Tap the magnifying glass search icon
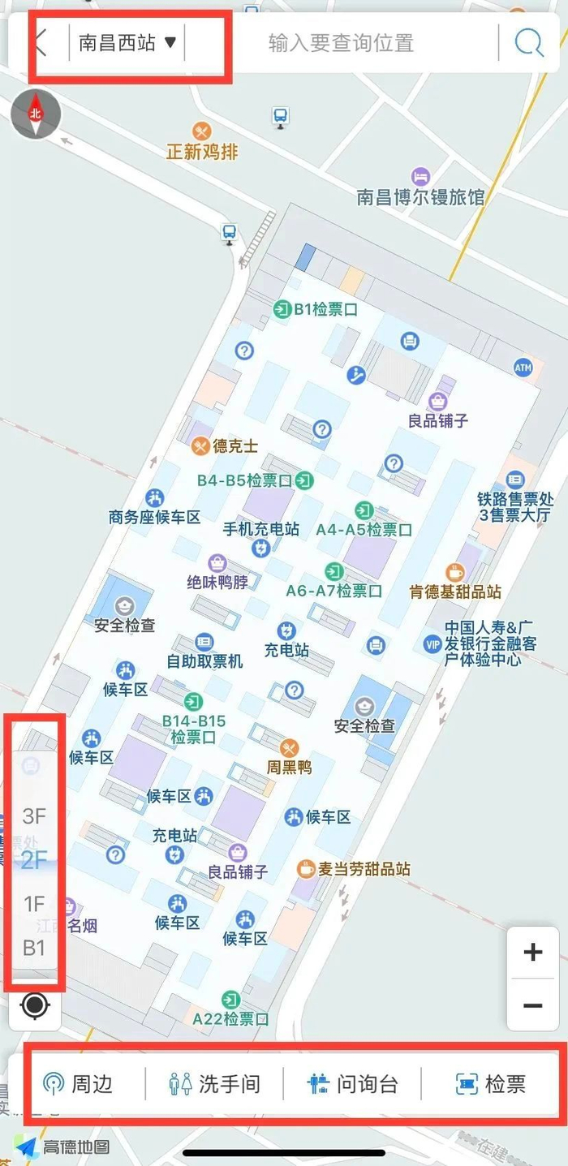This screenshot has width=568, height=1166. [x=529, y=42]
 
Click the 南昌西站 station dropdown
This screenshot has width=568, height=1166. [x=127, y=43]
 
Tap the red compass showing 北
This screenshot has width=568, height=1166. [x=35, y=114]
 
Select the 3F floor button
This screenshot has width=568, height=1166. [x=35, y=815]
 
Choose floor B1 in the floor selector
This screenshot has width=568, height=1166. [x=34, y=947]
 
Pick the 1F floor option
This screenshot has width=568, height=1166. [x=34, y=903]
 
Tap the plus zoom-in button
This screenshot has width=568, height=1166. [x=532, y=952]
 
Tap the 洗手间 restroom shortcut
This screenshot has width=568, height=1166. [x=214, y=1083]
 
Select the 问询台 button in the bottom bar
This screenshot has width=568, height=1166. [x=353, y=1083]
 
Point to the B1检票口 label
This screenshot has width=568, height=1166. [x=325, y=309]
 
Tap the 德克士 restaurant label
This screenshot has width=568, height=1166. [x=235, y=445]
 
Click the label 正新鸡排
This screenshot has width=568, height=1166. [x=202, y=151]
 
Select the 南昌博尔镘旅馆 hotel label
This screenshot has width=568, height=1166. [x=420, y=196]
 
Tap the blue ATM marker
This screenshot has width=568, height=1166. [x=523, y=368]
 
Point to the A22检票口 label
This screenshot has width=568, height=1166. [x=230, y=1018]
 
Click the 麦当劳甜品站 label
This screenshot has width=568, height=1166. [x=364, y=869]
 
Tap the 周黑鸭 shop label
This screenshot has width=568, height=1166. [x=289, y=766]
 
